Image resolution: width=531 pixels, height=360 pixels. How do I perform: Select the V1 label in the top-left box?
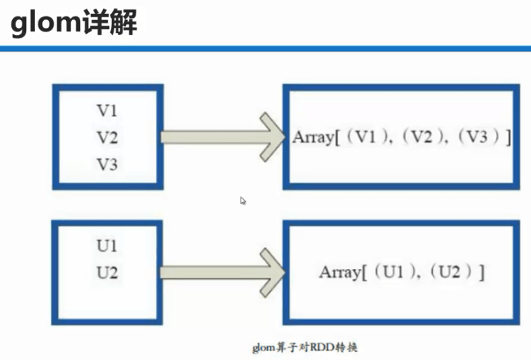[106, 111]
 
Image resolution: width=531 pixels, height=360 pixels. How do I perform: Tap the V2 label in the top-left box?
[106, 138]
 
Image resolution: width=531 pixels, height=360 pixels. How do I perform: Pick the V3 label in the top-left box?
[106, 164]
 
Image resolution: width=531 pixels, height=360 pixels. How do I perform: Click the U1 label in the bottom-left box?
[106, 246]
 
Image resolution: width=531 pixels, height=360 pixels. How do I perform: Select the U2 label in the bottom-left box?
[106, 273]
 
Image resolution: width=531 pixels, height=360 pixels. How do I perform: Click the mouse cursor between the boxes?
[243, 201]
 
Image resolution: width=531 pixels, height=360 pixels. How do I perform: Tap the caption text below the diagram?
[305, 347]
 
